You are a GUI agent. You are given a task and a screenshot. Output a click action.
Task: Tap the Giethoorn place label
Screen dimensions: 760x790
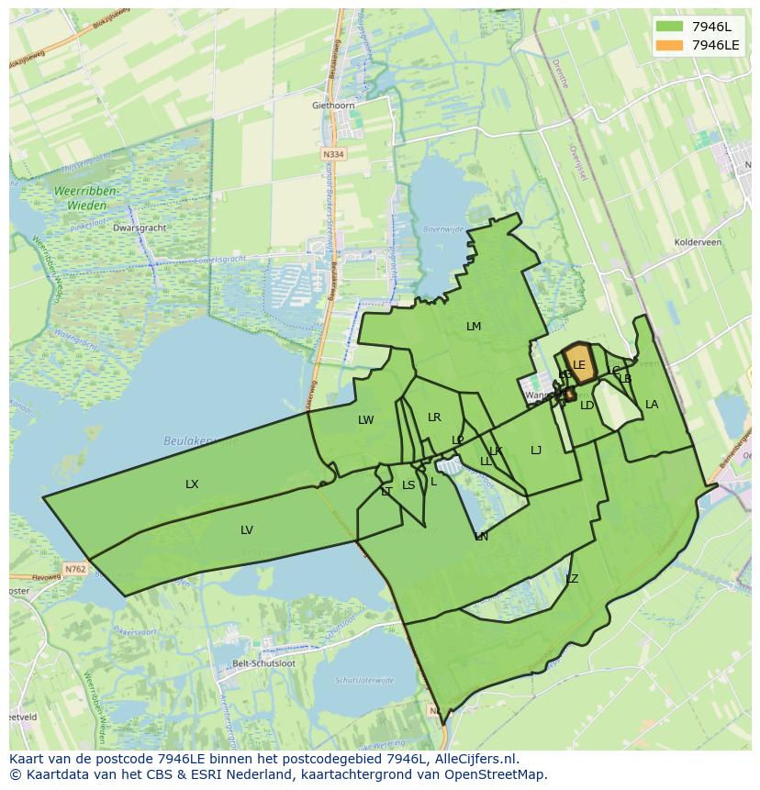point(333,106)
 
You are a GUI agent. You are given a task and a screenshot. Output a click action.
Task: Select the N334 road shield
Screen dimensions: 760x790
point(334,154)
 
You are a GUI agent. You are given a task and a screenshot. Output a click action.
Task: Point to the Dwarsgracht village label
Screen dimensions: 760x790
point(138,228)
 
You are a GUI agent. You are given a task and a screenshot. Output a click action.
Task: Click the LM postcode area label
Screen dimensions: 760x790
point(474,327)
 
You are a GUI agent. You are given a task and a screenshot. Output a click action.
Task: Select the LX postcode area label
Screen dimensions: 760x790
point(192,484)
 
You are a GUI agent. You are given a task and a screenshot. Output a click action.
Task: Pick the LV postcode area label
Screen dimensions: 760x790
point(247,530)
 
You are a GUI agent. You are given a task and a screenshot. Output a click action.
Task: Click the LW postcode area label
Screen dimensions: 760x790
point(366,420)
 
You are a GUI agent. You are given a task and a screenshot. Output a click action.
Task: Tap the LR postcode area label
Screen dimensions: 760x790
point(434,417)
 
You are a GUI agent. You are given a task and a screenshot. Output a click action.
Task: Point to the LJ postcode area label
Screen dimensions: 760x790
point(536,450)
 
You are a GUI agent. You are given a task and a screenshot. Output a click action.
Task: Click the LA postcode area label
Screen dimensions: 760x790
point(652,405)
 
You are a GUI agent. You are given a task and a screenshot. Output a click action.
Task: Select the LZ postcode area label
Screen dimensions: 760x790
point(572,579)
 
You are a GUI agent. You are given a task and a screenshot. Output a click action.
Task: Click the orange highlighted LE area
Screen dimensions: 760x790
point(579,363)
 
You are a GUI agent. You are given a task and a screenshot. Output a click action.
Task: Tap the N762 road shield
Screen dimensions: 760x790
point(75,569)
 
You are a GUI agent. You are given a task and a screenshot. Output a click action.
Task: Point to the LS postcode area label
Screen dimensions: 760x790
point(408,485)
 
